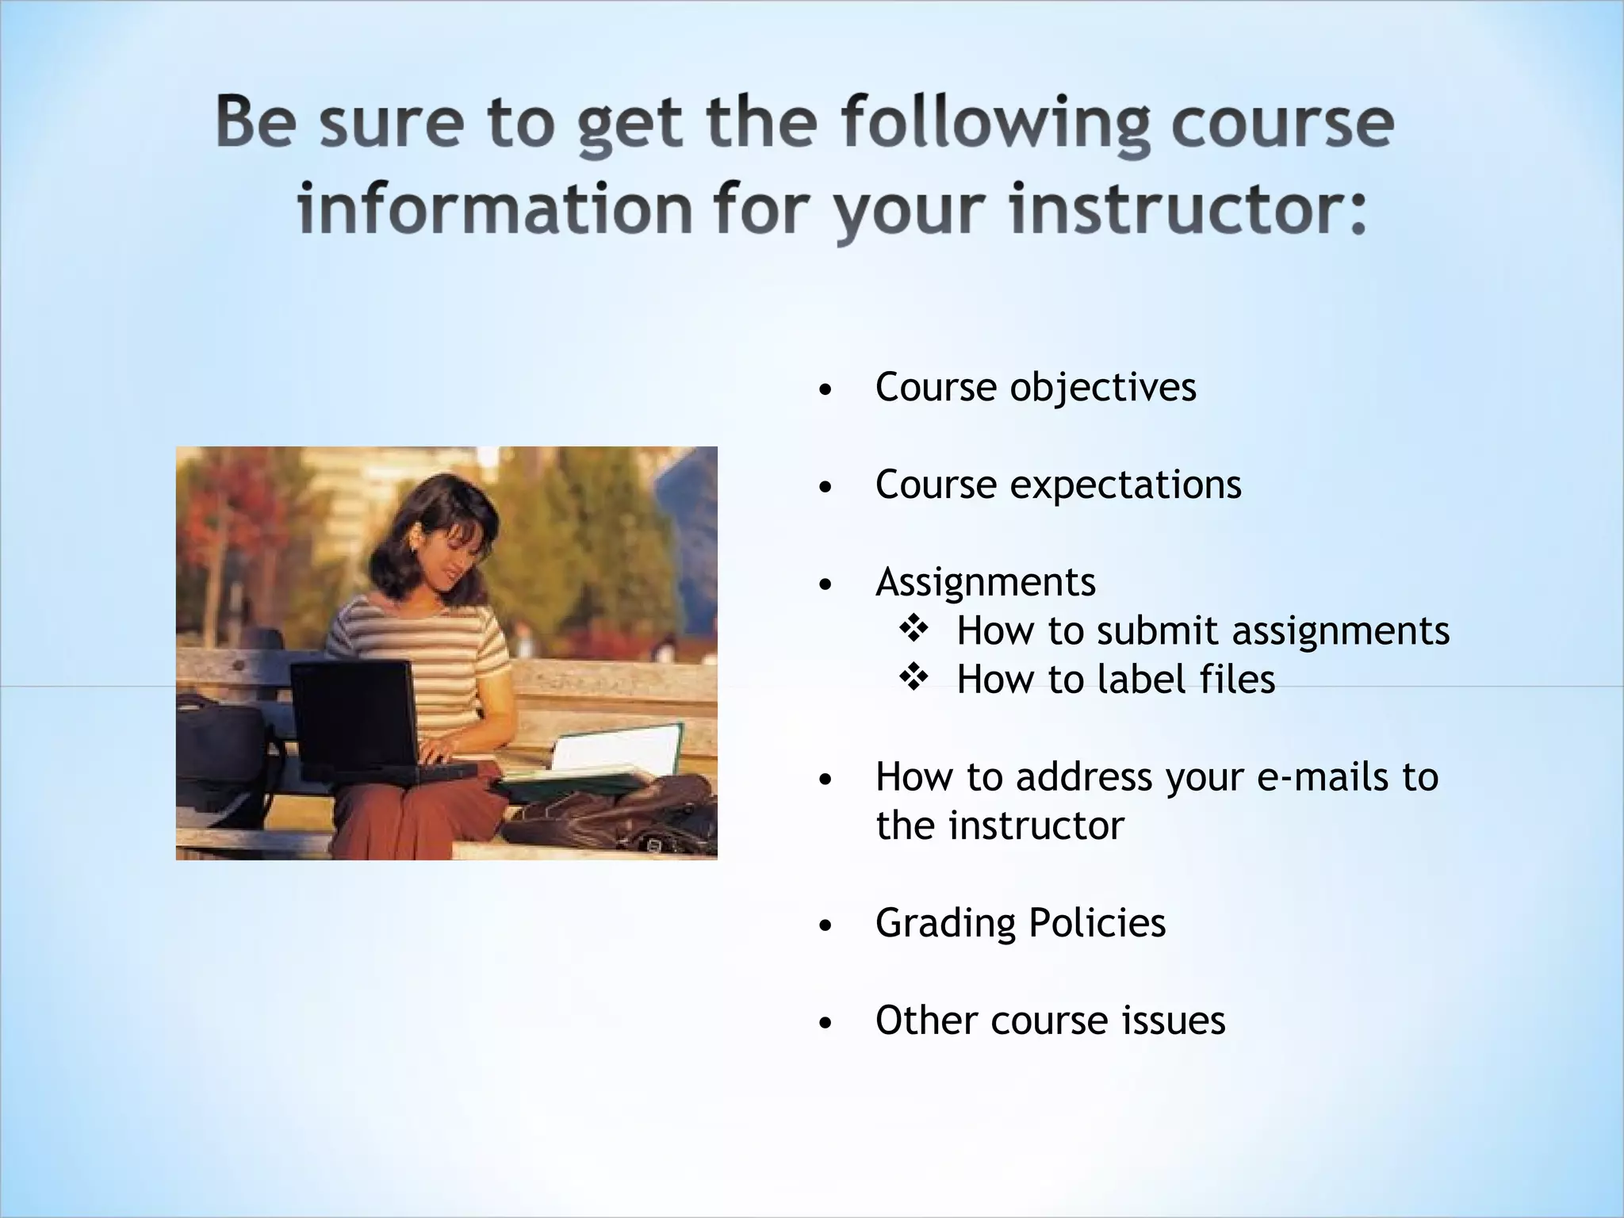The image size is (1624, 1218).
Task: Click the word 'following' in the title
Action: [994, 123]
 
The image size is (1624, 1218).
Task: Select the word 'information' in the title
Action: [495, 208]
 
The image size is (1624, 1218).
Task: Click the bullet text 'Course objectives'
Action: [1036, 388]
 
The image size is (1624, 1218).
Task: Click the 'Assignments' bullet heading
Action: [986, 582]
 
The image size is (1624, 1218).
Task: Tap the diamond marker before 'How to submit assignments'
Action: [913, 630]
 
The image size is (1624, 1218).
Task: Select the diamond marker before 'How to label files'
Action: [913, 678]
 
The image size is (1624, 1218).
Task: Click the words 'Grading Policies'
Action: [1021, 923]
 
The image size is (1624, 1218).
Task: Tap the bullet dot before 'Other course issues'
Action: [825, 1024]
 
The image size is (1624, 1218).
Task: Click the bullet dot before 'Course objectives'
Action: [825, 391]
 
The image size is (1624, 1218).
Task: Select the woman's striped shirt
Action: [428, 650]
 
